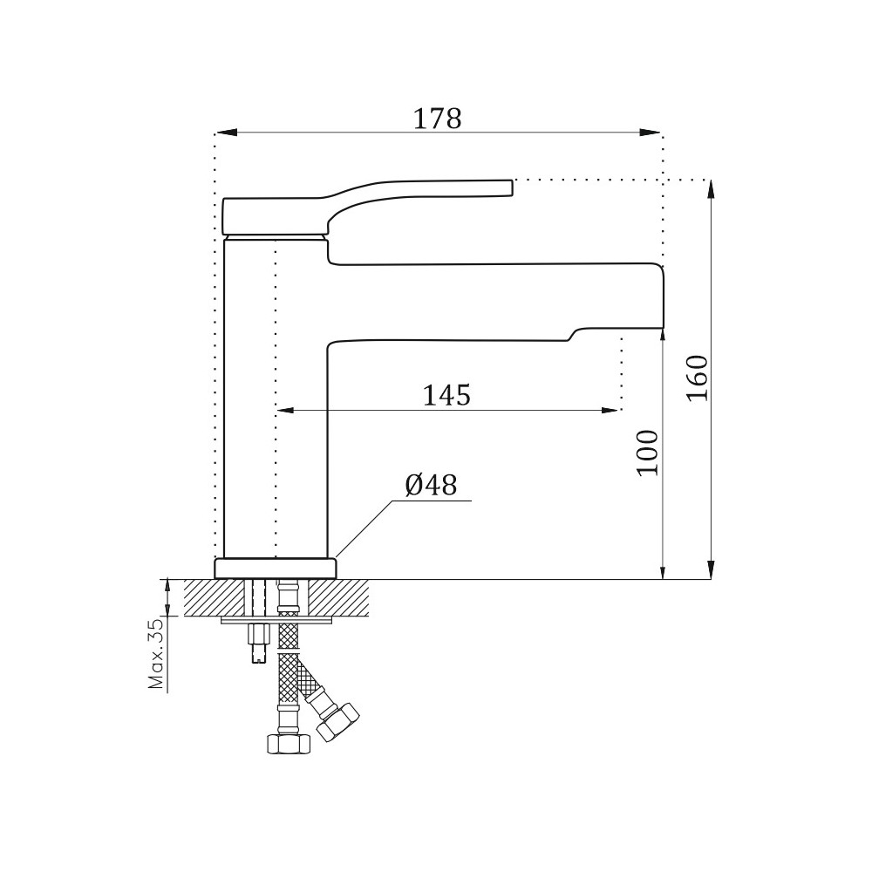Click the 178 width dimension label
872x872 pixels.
437,119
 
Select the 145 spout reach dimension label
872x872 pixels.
446,395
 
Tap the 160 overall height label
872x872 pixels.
697,378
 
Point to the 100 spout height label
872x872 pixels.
647,453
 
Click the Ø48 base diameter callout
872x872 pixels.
431,485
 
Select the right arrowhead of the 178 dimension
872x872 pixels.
650,133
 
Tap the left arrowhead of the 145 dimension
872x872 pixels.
286,411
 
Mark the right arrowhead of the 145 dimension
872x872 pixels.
610,411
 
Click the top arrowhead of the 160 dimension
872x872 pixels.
710,191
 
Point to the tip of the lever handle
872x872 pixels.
511,187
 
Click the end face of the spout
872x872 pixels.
664,296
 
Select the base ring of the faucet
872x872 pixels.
276,568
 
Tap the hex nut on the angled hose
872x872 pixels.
337,721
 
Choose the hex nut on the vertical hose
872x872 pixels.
289,744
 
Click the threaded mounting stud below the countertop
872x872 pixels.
258,643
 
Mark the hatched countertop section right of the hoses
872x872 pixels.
339,597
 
